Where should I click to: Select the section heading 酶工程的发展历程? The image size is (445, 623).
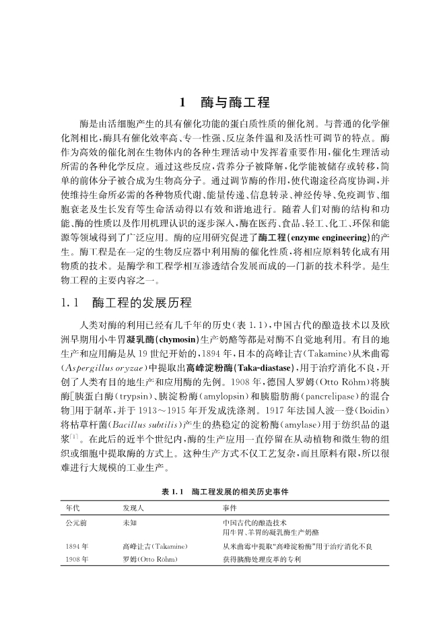click(142, 302)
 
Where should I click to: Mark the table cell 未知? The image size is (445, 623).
click(129, 523)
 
